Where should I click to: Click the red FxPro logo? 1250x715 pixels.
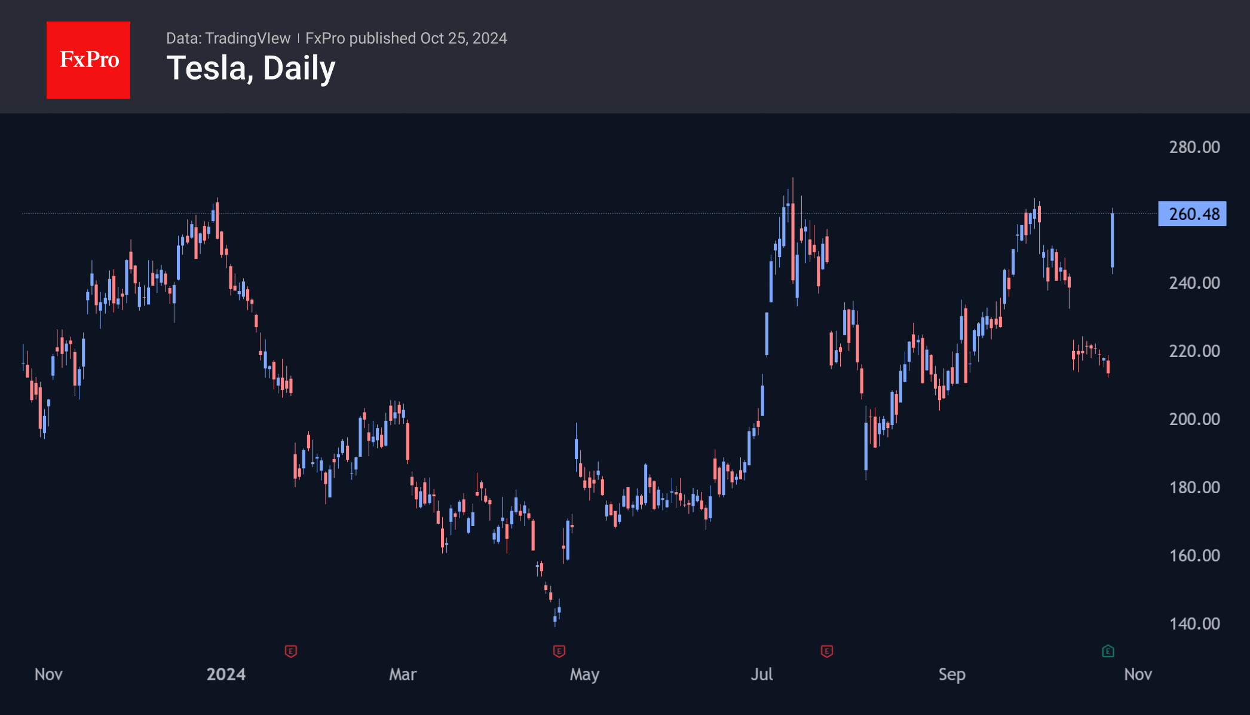pyautogui.click(x=88, y=60)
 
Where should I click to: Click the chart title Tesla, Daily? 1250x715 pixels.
pyautogui.click(x=251, y=68)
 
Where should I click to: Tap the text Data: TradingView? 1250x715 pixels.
pyautogui.click(x=228, y=38)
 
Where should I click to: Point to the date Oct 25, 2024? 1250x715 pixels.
pyautogui.click(x=464, y=38)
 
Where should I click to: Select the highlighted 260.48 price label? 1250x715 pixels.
pyautogui.click(x=1192, y=214)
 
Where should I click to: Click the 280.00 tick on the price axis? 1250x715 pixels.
pyautogui.click(x=1194, y=147)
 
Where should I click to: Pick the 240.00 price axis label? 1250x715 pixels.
pyautogui.click(x=1194, y=283)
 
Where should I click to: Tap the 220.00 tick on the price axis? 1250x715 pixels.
pyautogui.click(x=1194, y=351)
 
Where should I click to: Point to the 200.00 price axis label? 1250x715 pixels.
pyautogui.click(x=1194, y=419)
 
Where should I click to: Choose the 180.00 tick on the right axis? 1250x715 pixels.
pyautogui.click(x=1194, y=487)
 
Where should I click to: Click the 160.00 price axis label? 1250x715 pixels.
pyautogui.click(x=1194, y=555)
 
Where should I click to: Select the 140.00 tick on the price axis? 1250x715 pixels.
pyautogui.click(x=1194, y=624)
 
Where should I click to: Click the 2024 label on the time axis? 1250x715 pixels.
pyautogui.click(x=226, y=674)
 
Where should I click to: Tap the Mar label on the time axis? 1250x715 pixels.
pyautogui.click(x=403, y=674)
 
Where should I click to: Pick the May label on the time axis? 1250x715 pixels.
pyautogui.click(x=584, y=674)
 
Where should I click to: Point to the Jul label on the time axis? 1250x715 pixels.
pyautogui.click(x=762, y=674)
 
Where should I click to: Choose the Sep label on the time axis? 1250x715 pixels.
pyautogui.click(x=952, y=674)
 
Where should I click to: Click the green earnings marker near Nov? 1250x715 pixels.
pyautogui.click(x=1108, y=651)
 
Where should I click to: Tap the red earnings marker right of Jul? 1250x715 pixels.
pyautogui.click(x=827, y=651)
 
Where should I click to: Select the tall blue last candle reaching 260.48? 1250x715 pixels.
pyautogui.click(x=1112, y=240)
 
